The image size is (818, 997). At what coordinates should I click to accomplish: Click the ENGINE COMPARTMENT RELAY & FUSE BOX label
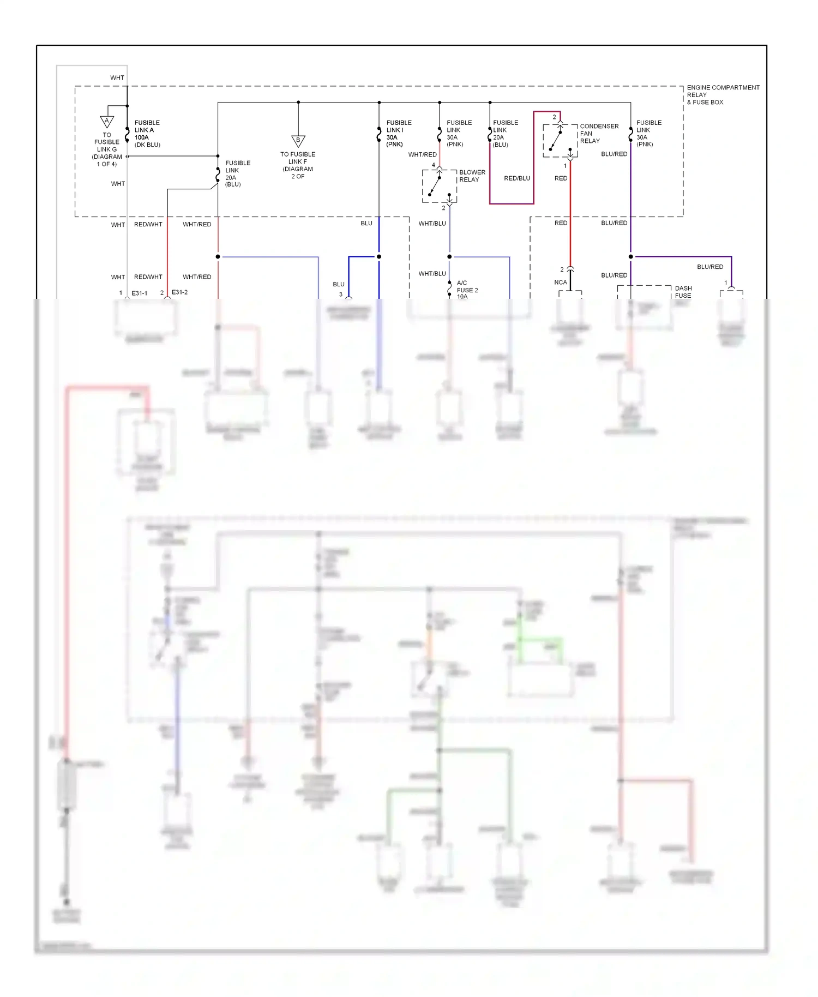coord(723,94)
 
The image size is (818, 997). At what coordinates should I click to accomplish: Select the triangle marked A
coord(107,121)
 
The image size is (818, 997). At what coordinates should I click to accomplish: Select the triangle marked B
coord(298,141)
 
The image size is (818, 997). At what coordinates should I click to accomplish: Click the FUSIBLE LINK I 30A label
coord(399,134)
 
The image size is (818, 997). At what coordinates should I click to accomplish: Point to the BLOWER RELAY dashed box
coord(440,186)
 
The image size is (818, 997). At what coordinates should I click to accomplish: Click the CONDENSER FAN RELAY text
coord(599,134)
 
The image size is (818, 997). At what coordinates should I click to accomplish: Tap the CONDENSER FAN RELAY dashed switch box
coord(560,141)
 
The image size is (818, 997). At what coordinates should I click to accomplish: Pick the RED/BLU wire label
coord(517,178)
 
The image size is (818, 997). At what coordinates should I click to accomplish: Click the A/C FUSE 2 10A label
coord(467,290)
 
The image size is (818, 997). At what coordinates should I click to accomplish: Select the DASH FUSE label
coord(683,292)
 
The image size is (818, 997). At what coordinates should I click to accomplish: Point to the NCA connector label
coord(560,283)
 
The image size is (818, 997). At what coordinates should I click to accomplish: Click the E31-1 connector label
coord(140,293)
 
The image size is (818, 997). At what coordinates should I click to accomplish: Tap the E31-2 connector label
coord(180,292)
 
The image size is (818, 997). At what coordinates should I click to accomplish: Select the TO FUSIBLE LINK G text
coord(107,149)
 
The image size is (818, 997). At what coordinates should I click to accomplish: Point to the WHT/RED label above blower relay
coord(422,155)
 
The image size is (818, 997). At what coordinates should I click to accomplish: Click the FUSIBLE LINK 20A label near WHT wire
coord(237,173)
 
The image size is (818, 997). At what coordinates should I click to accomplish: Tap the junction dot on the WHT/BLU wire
coord(449,257)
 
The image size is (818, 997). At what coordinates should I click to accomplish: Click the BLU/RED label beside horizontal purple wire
coord(709,267)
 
